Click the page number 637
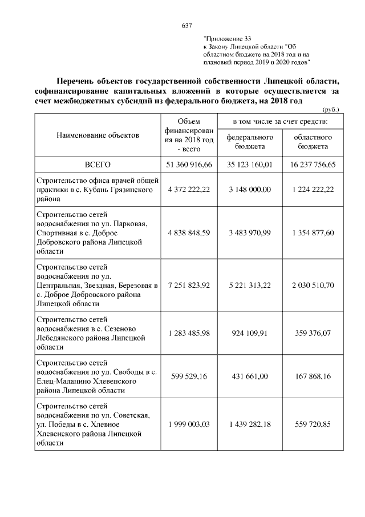186,26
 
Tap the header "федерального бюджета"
250,142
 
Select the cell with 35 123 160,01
250,164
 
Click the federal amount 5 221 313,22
250,284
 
